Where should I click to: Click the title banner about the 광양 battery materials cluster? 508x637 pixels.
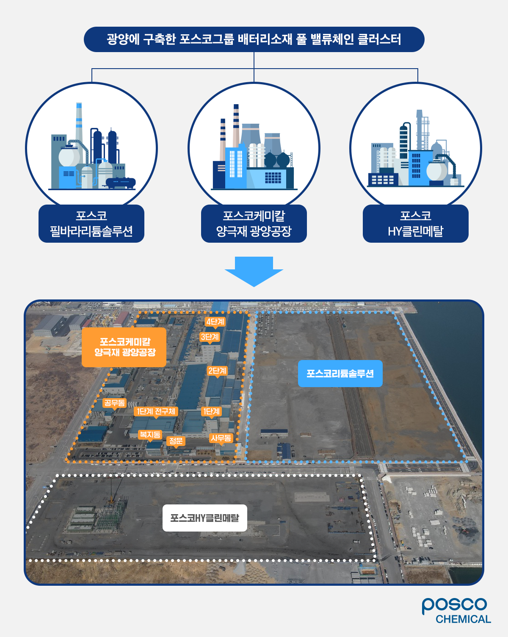[254, 39]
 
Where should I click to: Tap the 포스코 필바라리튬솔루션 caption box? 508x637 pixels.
[91, 224]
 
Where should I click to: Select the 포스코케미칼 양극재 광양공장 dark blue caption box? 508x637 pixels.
[254, 224]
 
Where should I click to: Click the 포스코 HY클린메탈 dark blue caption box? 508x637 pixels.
[415, 224]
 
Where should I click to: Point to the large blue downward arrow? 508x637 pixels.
[254, 271]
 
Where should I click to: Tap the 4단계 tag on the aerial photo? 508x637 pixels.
[215, 322]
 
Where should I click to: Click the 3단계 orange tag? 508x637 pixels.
[210, 337]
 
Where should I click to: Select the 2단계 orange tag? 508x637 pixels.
[217, 371]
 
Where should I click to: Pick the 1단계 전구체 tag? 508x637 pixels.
[156, 411]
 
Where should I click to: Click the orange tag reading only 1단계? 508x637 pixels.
[211, 411]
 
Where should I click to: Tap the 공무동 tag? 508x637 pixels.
[114, 403]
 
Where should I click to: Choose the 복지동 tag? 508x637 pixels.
[150, 435]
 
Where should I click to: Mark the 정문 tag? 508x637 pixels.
[176, 441]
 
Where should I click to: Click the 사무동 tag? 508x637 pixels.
[221, 438]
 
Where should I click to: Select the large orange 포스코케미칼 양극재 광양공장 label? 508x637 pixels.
[124, 347]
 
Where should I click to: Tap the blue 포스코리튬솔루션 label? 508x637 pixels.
[340, 374]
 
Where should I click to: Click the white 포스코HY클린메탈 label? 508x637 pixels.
[204, 518]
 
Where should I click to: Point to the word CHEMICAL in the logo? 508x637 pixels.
[463, 619]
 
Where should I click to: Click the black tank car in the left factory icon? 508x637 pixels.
[121, 183]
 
